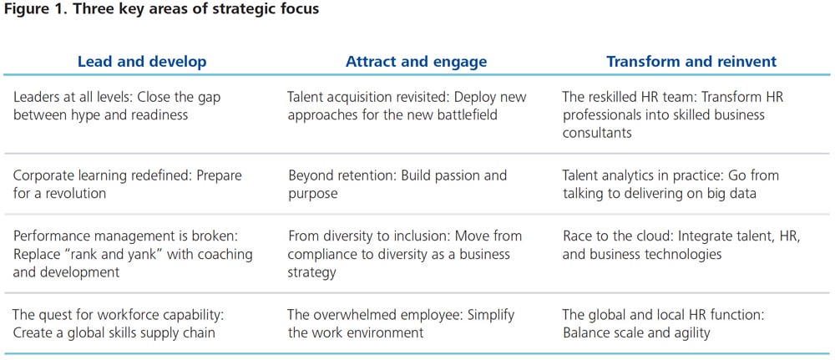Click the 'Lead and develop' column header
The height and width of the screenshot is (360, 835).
tap(142, 62)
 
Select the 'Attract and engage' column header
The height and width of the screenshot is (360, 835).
tap(416, 62)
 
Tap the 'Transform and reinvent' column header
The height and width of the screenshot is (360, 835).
tap(691, 61)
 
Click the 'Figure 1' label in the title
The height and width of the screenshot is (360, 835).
tap(32, 9)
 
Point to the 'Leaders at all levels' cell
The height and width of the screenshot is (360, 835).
tap(117, 106)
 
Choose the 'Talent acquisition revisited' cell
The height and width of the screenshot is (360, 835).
tap(407, 106)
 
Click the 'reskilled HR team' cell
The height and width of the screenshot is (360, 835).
tap(672, 114)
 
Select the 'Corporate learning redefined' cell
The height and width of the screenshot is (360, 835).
tap(127, 184)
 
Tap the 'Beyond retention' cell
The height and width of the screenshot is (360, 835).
tap(397, 184)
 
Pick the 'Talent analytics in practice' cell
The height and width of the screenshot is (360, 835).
tap(671, 184)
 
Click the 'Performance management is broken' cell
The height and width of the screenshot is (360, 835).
tap(133, 253)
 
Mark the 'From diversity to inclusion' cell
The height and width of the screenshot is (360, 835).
tap(405, 253)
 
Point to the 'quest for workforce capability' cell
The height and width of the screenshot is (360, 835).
tap(119, 324)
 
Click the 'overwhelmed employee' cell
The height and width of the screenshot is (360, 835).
tap(401, 324)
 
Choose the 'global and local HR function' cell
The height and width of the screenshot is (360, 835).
tap(664, 324)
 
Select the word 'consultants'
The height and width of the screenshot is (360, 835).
tap(597, 132)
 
